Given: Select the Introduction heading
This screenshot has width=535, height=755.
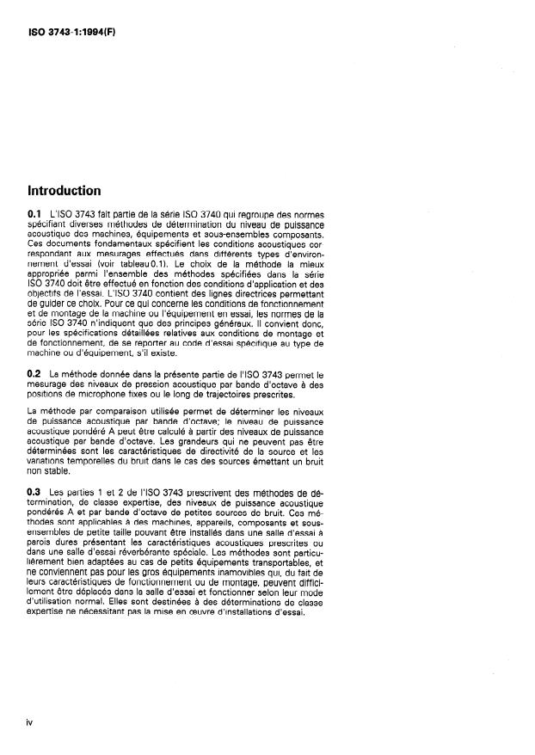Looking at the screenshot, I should pos(65,191).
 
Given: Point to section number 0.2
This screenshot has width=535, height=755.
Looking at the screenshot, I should pos(35,375).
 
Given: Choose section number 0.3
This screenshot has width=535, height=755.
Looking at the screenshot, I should pos(35,491).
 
